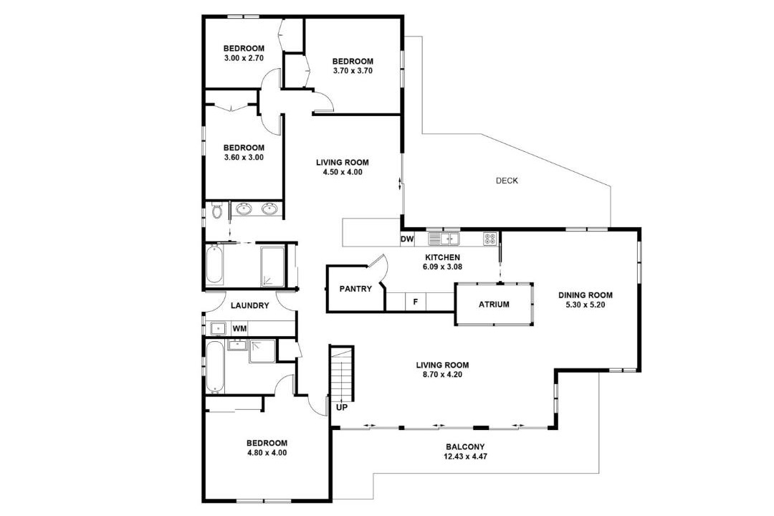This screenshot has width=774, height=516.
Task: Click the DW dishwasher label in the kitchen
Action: coord(407,239)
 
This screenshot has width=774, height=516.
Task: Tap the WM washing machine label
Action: coord(240,328)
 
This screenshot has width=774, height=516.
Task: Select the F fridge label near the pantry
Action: coord(416,301)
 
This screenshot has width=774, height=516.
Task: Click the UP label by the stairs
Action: coord(342,408)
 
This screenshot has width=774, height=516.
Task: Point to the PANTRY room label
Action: coord(355,289)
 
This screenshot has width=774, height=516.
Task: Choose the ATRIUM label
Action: coord(494,305)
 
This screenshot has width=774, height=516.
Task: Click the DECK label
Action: coord(507,181)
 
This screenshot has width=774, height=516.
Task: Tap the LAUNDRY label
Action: coord(250,305)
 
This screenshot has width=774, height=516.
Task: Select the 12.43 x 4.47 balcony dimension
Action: coord(465,457)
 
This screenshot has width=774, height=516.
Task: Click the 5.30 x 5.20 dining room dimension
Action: coord(586,305)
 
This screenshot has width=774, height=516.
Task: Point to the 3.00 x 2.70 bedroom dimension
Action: coord(244,58)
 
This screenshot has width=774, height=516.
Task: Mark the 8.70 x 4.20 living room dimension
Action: coord(442,375)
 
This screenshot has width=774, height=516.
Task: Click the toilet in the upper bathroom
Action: coord(216,211)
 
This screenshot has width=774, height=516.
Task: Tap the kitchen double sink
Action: coord(444,239)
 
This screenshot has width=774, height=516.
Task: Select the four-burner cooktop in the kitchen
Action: coord(490,239)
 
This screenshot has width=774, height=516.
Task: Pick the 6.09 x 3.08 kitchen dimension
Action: coord(442,267)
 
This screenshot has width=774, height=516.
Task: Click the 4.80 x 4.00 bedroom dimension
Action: coord(267,453)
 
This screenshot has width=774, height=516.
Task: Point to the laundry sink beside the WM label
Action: coord(218,328)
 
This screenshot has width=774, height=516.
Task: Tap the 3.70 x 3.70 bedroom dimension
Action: coord(353,71)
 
